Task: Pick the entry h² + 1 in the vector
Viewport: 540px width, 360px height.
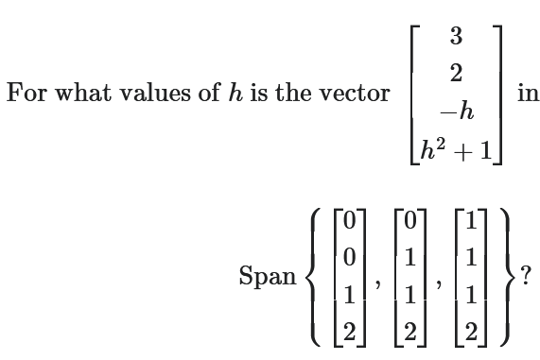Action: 456,151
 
